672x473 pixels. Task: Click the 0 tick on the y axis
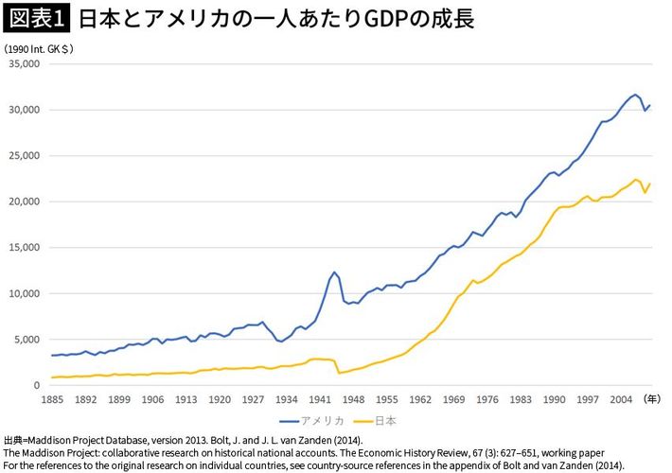[x=38, y=385]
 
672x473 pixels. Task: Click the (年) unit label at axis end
[x=652, y=399]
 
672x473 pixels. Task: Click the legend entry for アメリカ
[x=308, y=419]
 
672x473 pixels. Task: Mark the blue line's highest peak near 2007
[x=635, y=95]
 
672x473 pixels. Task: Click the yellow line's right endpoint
[x=650, y=184]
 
